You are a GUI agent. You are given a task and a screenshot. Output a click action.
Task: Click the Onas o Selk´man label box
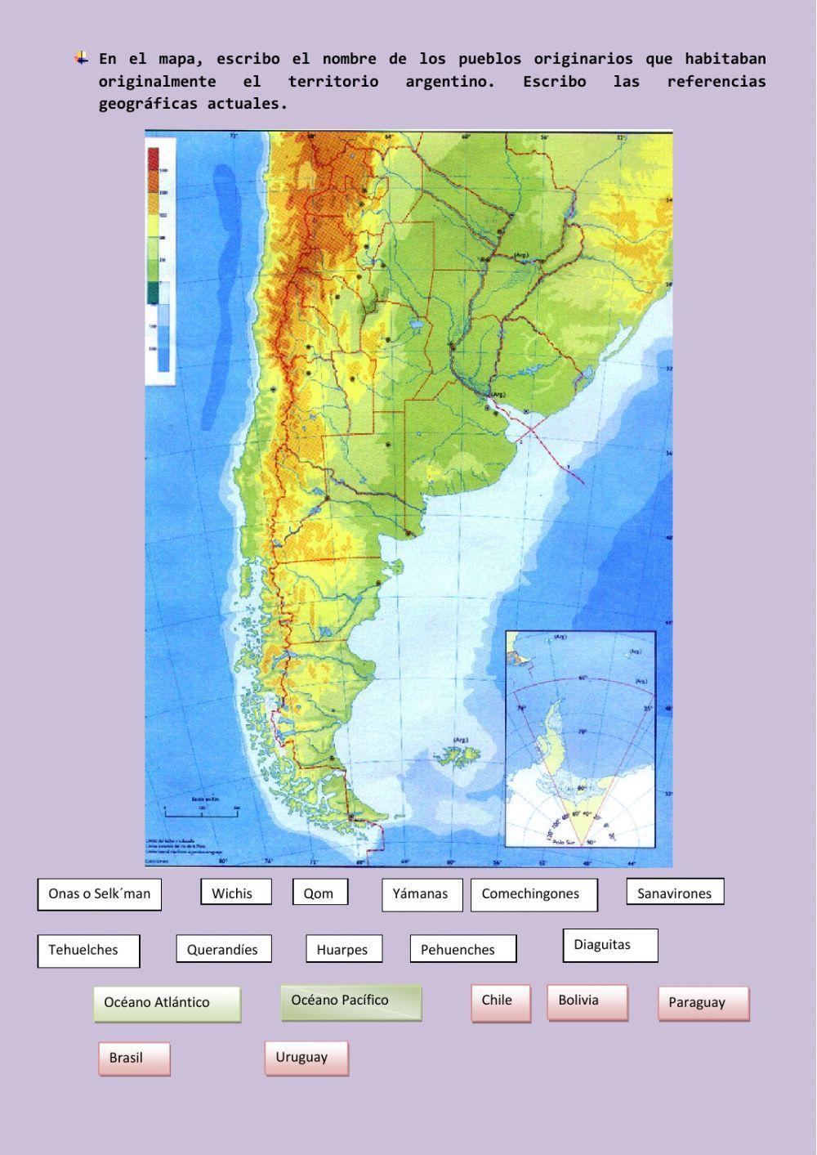[99, 894]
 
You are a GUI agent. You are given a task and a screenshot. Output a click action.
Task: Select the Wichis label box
[235, 893]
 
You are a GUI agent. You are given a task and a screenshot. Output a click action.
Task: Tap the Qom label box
[319, 893]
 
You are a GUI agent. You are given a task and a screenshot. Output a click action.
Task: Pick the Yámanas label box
[422, 894]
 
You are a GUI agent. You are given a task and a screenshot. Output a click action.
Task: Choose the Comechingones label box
[534, 894]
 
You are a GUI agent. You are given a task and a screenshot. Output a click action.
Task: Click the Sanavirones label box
[675, 893]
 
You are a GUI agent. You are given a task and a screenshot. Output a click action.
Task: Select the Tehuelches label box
[88, 951]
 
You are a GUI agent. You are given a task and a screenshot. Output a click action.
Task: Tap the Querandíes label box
[223, 949]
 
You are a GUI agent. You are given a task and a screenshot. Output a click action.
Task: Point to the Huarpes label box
[343, 949]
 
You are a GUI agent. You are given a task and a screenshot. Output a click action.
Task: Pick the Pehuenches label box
[462, 949]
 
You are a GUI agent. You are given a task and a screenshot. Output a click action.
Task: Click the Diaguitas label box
[609, 945]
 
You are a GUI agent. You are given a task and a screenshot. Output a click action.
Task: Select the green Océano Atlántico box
[167, 1004]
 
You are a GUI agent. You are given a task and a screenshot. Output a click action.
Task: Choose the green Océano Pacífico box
[351, 1002]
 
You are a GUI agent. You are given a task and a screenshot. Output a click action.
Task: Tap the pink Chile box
[500, 1002]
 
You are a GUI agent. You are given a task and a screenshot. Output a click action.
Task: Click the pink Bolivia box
[587, 1002]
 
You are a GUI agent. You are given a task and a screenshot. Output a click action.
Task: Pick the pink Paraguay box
[703, 1004]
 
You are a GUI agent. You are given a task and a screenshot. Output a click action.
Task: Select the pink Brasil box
[134, 1059]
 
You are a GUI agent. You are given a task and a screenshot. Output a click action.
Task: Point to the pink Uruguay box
[306, 1058]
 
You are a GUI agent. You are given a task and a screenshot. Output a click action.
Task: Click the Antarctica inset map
[580, 739]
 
